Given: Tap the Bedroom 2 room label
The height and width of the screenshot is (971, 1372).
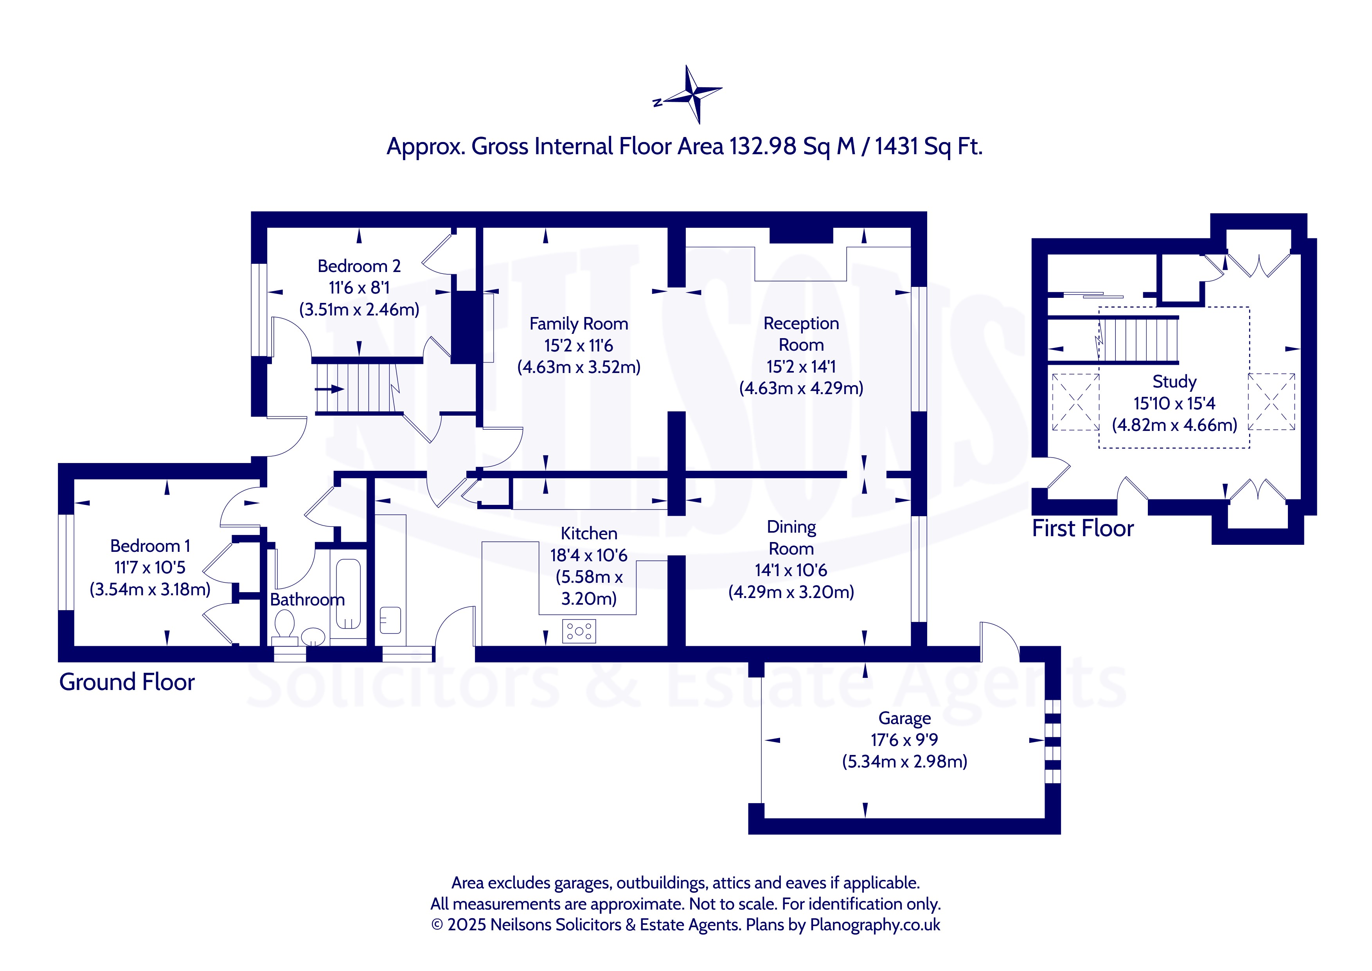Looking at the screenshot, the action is click(359, 266).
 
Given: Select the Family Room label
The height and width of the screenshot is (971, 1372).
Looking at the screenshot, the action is click(579, 324).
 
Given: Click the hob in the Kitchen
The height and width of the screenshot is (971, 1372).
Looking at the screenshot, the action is click(579, 631).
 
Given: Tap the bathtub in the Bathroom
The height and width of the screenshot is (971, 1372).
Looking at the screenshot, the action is click(348, 594).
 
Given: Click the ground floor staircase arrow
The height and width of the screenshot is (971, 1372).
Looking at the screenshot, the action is click(329, 389).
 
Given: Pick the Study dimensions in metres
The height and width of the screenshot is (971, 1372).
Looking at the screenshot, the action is click(1174, 425).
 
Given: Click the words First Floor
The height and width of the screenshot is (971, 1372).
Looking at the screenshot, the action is click(1083, 528).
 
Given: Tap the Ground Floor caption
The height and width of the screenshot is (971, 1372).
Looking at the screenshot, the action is click(127, 682).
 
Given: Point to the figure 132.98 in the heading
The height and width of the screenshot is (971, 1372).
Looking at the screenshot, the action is click(762, 146).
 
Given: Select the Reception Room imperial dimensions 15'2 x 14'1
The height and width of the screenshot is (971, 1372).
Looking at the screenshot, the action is click(801, 366).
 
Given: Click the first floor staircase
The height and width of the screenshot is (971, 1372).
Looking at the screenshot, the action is click(1138, 340).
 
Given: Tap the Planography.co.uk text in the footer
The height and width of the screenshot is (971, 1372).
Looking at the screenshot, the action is click(875, 925).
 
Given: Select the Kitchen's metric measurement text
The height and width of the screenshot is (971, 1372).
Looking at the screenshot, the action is click(589, 588).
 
